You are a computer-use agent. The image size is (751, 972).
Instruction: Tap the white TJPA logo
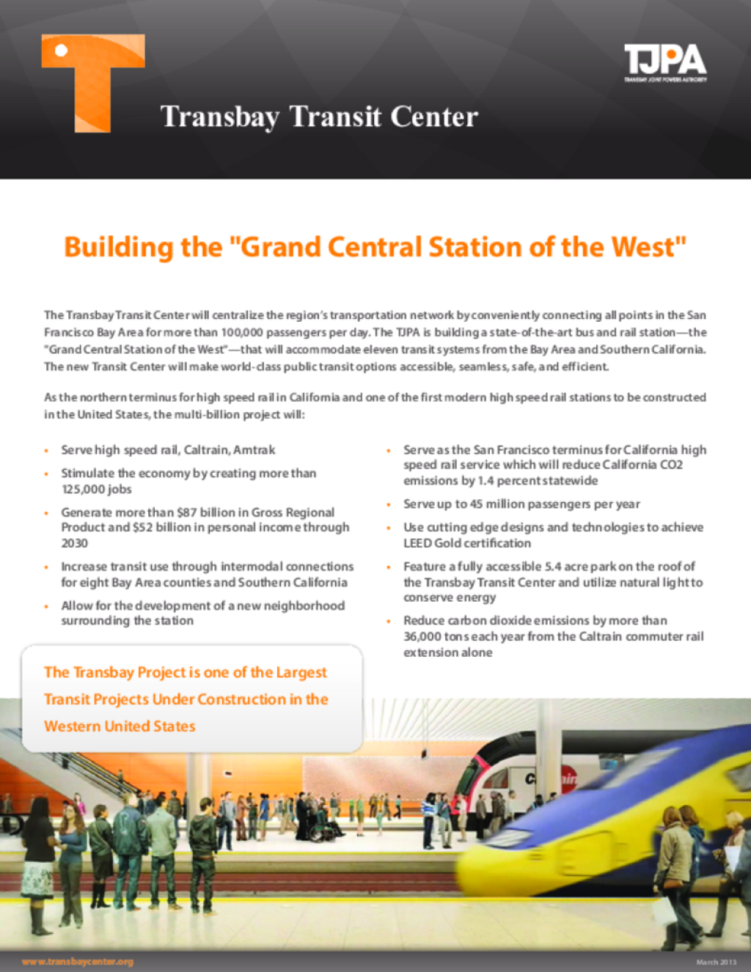pyautogui.click(x=665, y=62)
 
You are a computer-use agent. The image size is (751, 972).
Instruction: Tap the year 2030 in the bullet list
pyautogui.click(x=74, y=543)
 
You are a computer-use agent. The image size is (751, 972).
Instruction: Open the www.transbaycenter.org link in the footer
pyautogui.click(x=78, y=962)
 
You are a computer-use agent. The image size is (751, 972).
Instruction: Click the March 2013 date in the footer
pyautogui.click(x=716, y=962)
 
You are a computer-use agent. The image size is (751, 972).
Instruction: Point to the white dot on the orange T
pyautogui.click(x=62, y=50)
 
